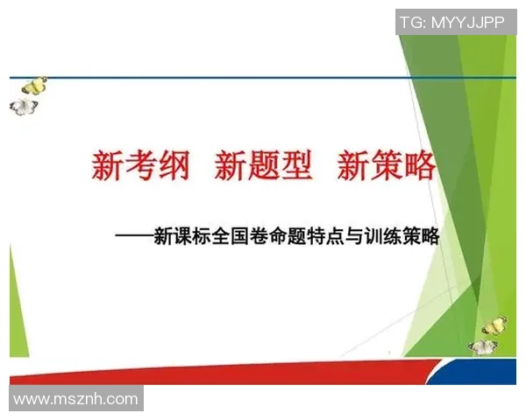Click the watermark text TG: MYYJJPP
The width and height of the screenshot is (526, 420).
click(x=452, y=22)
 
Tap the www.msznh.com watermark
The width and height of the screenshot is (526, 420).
click(x=75, y=399)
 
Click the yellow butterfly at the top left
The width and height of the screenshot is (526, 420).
click(x=34, y=86)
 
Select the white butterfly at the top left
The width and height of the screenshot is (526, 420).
click(x=24, y=106)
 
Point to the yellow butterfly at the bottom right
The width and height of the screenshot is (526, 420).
click(x=494, y=325)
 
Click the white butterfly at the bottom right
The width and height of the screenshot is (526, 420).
click(x=484, y=346)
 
